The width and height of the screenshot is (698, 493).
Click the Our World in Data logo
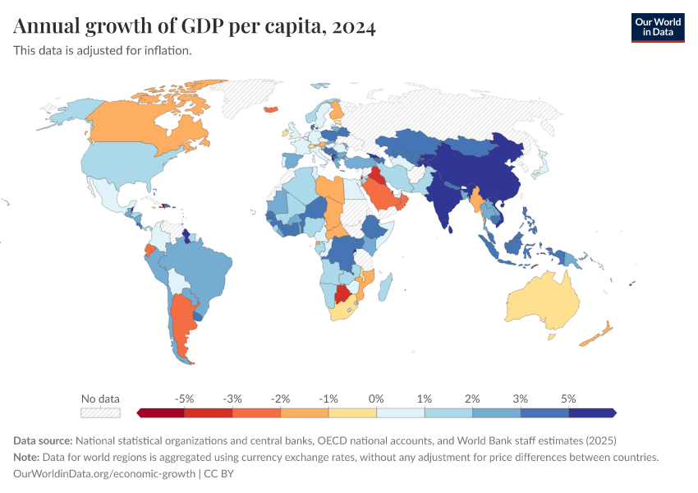[657, 27]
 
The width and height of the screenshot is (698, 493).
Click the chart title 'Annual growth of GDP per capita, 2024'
[195, 27]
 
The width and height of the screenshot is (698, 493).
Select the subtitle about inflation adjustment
[103, 50]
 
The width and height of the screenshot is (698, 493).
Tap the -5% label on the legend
[185, 399]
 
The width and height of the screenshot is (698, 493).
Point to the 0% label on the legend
[376, 399]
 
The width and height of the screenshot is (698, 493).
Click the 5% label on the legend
[568, 399]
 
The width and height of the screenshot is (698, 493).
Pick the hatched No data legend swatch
[100, 412]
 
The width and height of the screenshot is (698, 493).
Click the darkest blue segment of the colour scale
[592, 412]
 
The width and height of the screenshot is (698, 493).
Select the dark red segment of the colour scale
[161, 412]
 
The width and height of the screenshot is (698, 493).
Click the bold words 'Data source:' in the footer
[44, 440]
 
